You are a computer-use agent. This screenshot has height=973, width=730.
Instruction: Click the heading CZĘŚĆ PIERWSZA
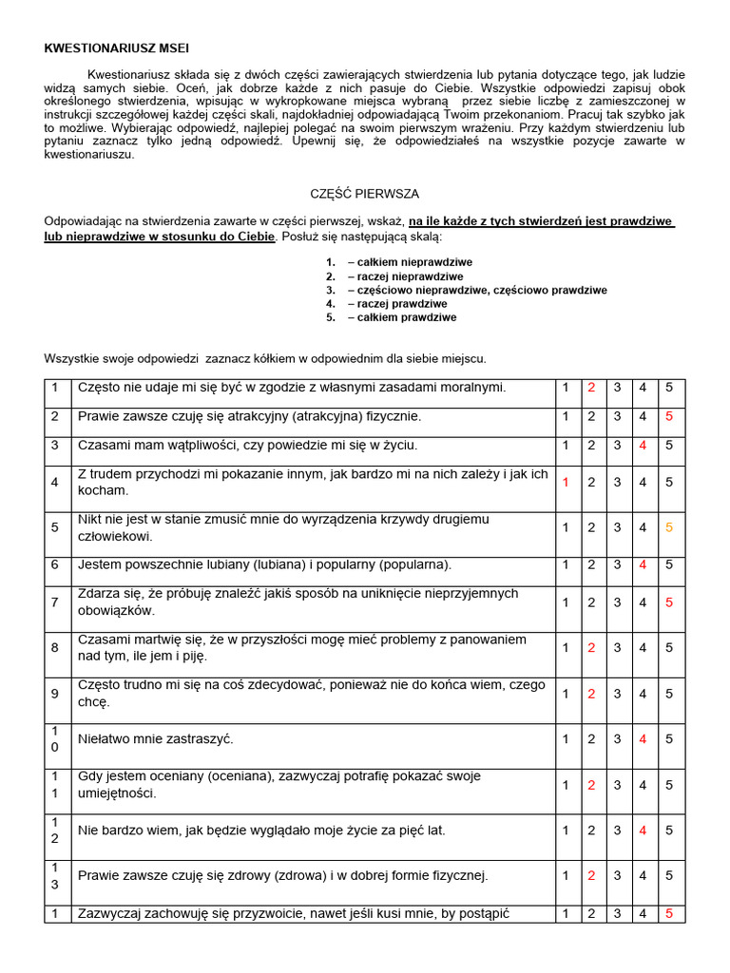(365, 193)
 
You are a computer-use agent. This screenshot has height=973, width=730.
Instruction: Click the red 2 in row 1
(591, 388)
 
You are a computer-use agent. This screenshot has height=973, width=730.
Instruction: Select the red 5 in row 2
(669, 416)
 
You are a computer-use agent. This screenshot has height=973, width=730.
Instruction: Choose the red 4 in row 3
(644, 445)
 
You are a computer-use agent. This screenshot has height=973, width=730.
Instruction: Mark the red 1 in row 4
(566, 482)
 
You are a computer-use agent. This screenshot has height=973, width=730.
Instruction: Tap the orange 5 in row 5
(669, 527)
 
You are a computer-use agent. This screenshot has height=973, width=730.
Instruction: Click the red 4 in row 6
(644, 564)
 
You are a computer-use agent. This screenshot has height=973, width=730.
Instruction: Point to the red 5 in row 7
(669, 601)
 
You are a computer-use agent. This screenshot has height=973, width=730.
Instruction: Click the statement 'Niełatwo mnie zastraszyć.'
(155, 738)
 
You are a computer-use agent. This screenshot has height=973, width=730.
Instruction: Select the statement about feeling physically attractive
(249, 416)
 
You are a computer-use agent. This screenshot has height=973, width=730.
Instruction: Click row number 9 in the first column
(55, 694)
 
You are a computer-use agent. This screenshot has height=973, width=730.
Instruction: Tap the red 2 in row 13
(591, 875)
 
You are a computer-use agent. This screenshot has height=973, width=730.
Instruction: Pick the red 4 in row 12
(644, 830)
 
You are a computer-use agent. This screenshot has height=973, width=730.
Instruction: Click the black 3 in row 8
(617, 647)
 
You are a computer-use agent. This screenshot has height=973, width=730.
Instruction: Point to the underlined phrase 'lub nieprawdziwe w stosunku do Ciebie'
(160, 236)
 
